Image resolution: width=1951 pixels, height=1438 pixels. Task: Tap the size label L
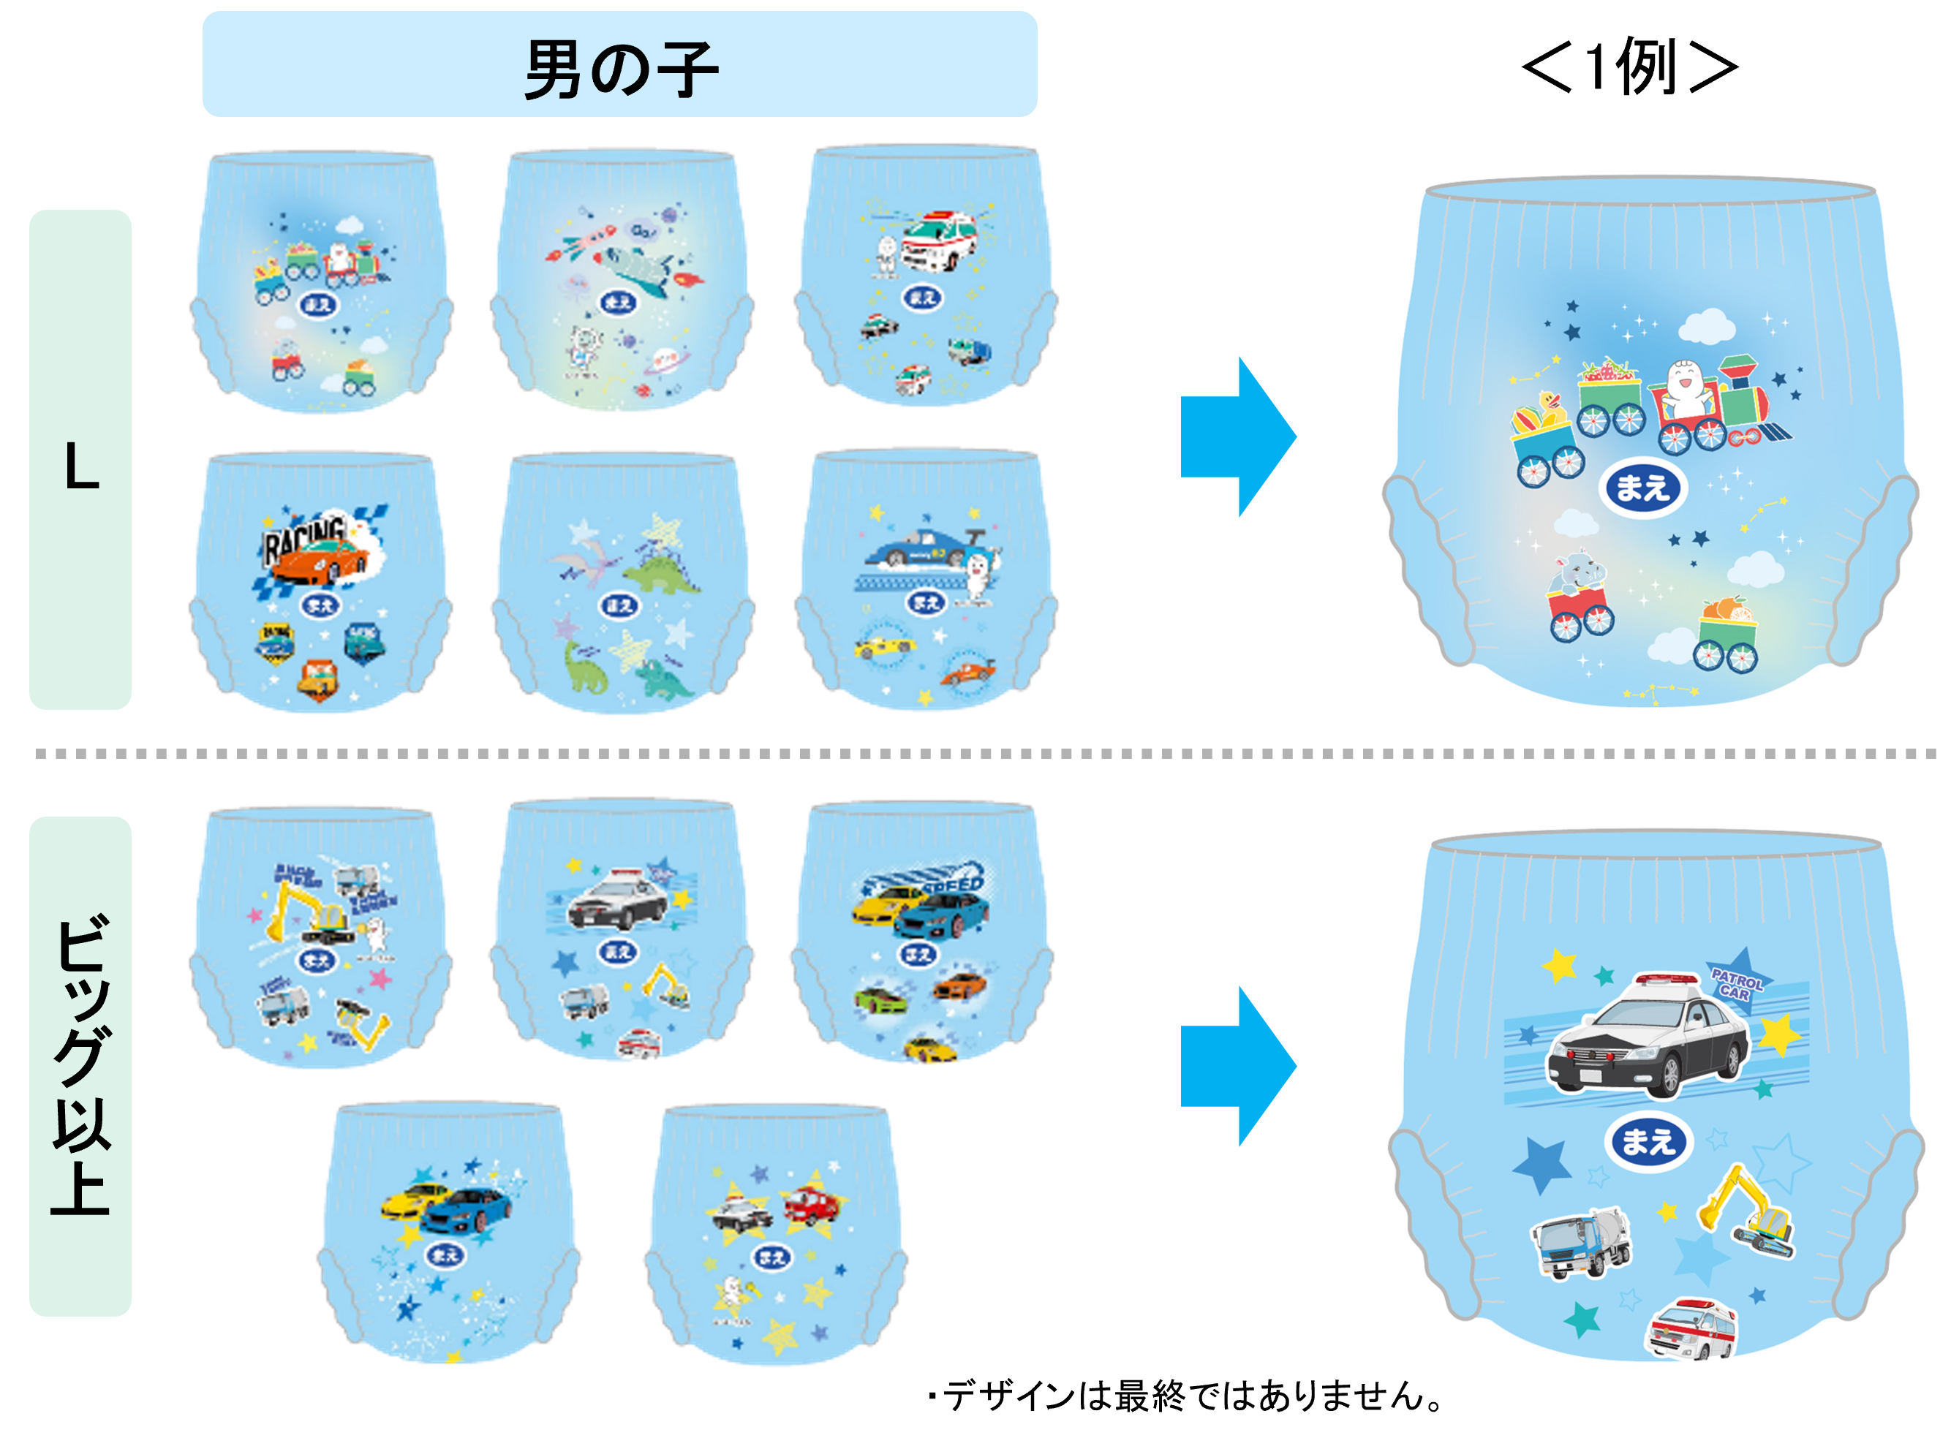[80, 466]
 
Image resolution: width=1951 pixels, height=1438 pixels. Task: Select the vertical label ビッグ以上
[80, 1064]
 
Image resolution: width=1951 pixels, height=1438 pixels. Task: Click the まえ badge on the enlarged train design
[1643, 488]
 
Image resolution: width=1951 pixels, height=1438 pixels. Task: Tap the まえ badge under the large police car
[1648, 1141]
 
